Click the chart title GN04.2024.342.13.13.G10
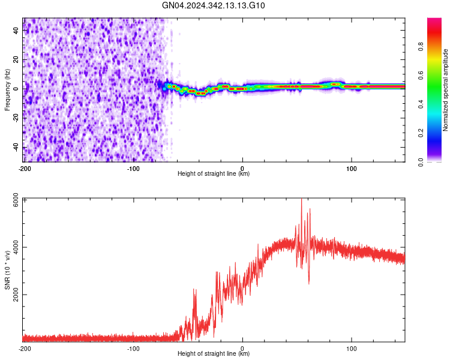[214, 6]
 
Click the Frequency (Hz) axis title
[8, 90]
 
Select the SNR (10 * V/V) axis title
[8, 270]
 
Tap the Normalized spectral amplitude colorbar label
[445, 90]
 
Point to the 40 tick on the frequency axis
[16, 29]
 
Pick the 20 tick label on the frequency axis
[16, 59]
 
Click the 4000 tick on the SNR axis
[13, 248]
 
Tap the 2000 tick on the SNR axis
[13, 295]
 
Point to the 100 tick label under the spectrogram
[351, 169]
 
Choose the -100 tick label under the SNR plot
[133, 349]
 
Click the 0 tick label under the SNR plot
[242, 349]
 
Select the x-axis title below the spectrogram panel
[214, 175]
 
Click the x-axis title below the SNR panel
[214, 355]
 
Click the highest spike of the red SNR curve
[302, 199]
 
